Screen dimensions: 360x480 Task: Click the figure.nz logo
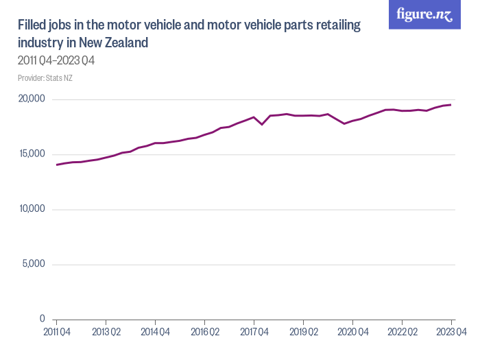424,14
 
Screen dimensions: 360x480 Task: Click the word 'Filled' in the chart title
32,26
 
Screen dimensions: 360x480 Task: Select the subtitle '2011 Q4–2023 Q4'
56,61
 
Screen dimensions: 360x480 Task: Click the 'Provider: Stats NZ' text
45,77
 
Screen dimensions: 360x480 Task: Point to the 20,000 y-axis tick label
30,99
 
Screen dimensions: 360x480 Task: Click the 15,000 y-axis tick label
30,154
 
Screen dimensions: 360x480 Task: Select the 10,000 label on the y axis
30,209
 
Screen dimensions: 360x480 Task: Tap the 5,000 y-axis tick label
32,264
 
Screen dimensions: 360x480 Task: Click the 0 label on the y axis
42,319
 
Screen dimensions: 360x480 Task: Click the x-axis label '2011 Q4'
56,332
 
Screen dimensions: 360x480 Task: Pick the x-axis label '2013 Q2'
106,332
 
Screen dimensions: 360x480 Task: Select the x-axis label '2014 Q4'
155,332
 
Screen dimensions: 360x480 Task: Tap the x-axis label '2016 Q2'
204,332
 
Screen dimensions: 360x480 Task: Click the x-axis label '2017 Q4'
254,332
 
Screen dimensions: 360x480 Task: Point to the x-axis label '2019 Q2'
303,332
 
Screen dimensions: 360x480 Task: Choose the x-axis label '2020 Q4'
352,332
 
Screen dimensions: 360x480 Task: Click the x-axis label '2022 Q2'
402,332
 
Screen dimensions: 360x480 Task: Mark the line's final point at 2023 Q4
451,105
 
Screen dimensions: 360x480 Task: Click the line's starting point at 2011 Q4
56,165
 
